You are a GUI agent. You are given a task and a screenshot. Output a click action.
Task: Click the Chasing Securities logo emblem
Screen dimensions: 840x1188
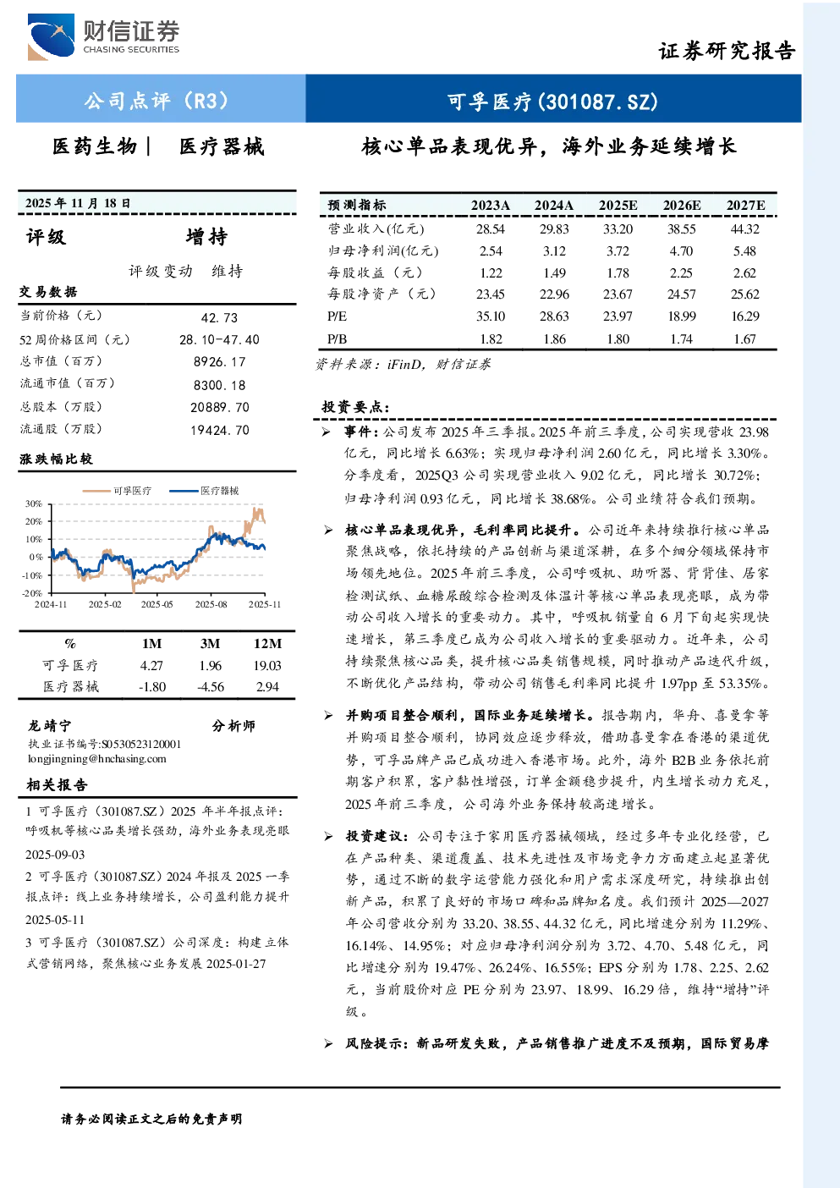(51, 36)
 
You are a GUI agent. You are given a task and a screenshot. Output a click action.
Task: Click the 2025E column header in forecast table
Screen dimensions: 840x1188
(618, 206)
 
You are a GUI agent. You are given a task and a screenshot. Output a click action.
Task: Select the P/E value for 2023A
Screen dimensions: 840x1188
(491, 316)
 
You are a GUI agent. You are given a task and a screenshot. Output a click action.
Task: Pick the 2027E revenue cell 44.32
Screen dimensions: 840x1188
(745, 229)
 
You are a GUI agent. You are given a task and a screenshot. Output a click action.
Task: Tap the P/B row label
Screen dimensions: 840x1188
(338, 339)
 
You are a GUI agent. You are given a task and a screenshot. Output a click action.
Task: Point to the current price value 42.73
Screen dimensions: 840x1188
(220, 317)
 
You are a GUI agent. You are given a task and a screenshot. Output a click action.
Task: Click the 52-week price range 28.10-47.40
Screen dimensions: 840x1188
(220, 339)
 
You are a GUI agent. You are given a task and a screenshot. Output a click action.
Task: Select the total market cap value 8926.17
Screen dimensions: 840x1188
(220, 361)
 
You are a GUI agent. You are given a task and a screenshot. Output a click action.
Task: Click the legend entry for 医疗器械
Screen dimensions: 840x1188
(205, 491)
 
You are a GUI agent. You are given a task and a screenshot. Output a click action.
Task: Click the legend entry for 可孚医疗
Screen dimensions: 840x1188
(118, 491)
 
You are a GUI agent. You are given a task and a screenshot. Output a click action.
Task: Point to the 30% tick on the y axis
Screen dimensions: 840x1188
(34, 503)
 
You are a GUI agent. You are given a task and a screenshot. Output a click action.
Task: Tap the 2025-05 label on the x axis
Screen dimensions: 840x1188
(157, 604)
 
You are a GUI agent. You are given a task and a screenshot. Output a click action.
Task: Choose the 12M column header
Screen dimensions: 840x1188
(267, 643)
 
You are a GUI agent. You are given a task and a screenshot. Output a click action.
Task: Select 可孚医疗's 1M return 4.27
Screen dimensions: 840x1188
(151, 665)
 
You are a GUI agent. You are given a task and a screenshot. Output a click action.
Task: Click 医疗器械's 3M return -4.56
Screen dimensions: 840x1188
(211, 687)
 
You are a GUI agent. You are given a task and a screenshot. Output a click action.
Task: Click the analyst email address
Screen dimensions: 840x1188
(97, 759)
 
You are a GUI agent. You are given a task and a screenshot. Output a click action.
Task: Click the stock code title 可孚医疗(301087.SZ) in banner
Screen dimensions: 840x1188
(552, 101)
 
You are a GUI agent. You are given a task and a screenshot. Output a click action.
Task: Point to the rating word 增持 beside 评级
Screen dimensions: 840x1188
(206, 237)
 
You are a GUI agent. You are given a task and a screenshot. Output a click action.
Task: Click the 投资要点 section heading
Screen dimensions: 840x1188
(356, 407)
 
